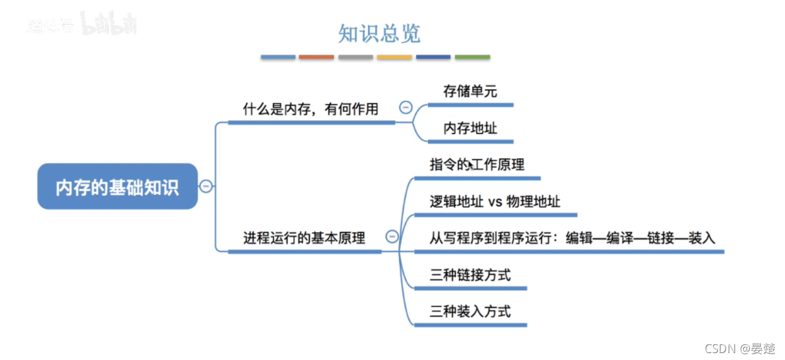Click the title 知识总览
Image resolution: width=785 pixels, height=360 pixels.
379,33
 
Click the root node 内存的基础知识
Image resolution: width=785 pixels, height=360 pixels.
117,187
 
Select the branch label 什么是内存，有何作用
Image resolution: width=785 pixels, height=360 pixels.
311,110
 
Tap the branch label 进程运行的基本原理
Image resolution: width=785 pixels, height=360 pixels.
304,238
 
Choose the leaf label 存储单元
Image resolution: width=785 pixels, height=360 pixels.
470,91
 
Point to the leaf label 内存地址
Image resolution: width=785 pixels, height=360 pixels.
470,128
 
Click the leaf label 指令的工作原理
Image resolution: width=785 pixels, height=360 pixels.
477,165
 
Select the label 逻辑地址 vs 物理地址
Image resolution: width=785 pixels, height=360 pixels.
495,201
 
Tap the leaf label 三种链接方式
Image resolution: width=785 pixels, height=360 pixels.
470,275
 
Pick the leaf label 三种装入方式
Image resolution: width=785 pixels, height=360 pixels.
470,311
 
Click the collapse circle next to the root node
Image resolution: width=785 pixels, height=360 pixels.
206,186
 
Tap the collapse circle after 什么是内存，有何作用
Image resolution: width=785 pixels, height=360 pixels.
406,107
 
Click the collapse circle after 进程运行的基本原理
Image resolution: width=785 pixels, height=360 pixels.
392,237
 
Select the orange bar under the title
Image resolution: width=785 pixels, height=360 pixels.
317,57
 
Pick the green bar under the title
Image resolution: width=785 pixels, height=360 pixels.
472,57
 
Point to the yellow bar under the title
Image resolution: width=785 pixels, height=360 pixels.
395,57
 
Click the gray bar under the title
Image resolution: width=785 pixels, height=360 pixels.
356,57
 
